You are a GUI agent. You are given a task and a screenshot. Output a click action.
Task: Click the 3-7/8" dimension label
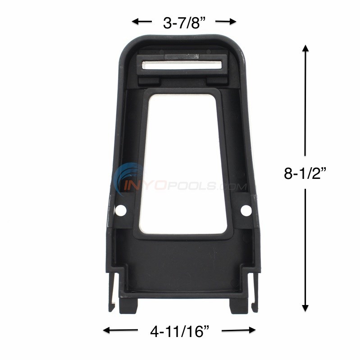[184, 22]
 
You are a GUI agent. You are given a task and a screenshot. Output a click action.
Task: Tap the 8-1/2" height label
[305, 173]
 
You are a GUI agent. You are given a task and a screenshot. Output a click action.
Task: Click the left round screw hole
[120, 210]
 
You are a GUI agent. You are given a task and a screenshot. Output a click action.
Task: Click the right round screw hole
[246, 210]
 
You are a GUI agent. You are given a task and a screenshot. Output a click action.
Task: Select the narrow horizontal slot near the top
[182, 65]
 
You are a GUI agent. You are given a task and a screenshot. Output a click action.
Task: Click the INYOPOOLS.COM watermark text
[194, 185]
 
